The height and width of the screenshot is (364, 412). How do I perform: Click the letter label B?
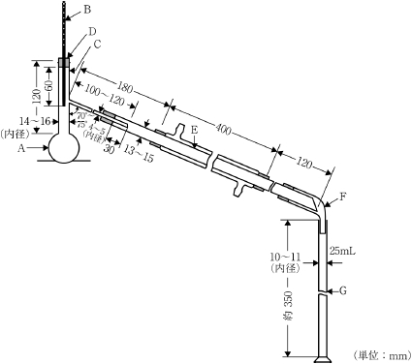[86, 9]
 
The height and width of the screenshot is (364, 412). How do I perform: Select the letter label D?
[93, 32]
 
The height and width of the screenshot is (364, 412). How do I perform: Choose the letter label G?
[342, 290]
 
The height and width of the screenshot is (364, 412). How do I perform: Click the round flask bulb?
[64, 149]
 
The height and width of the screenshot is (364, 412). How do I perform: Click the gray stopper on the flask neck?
[64, 64]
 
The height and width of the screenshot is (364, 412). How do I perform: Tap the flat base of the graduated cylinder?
[324, 359]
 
